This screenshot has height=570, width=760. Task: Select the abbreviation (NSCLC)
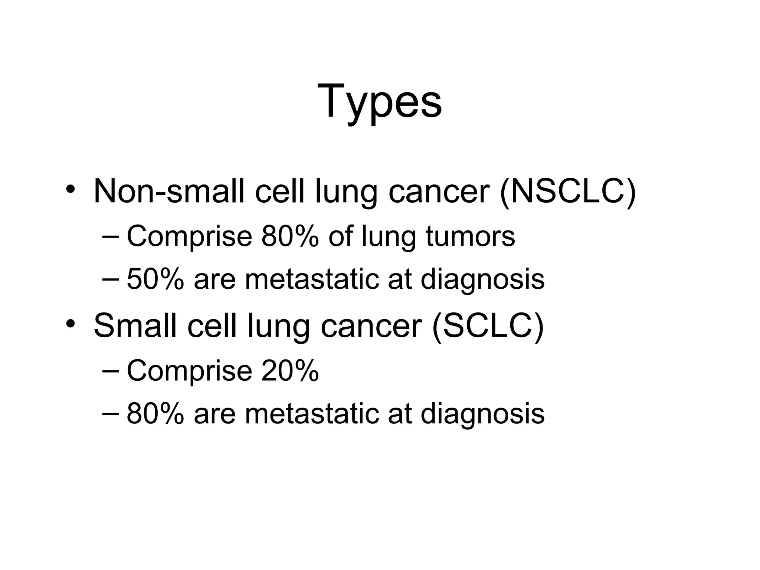568,191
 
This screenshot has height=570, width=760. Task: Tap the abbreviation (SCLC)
488,326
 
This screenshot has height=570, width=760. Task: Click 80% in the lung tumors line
290,236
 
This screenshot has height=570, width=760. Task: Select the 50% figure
155,279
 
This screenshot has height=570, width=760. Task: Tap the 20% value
290,371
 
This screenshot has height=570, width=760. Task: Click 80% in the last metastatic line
155,414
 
